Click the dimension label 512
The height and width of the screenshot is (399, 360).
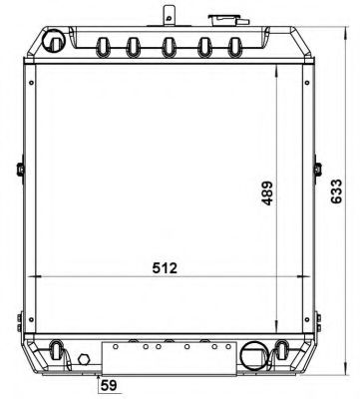pos(165,268)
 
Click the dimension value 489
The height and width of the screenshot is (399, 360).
pos(267,193)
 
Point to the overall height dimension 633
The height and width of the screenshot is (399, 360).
pos(336,192)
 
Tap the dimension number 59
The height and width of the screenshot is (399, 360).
pos(109,385)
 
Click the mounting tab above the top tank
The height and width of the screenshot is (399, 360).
pos(169,16)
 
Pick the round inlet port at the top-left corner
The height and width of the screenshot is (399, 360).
pos(54,41)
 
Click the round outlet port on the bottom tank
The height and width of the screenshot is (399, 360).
pos(253,355)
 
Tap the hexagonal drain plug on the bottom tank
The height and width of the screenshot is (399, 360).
pos(84,359)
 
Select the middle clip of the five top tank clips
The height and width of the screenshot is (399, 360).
pos(169,47)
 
